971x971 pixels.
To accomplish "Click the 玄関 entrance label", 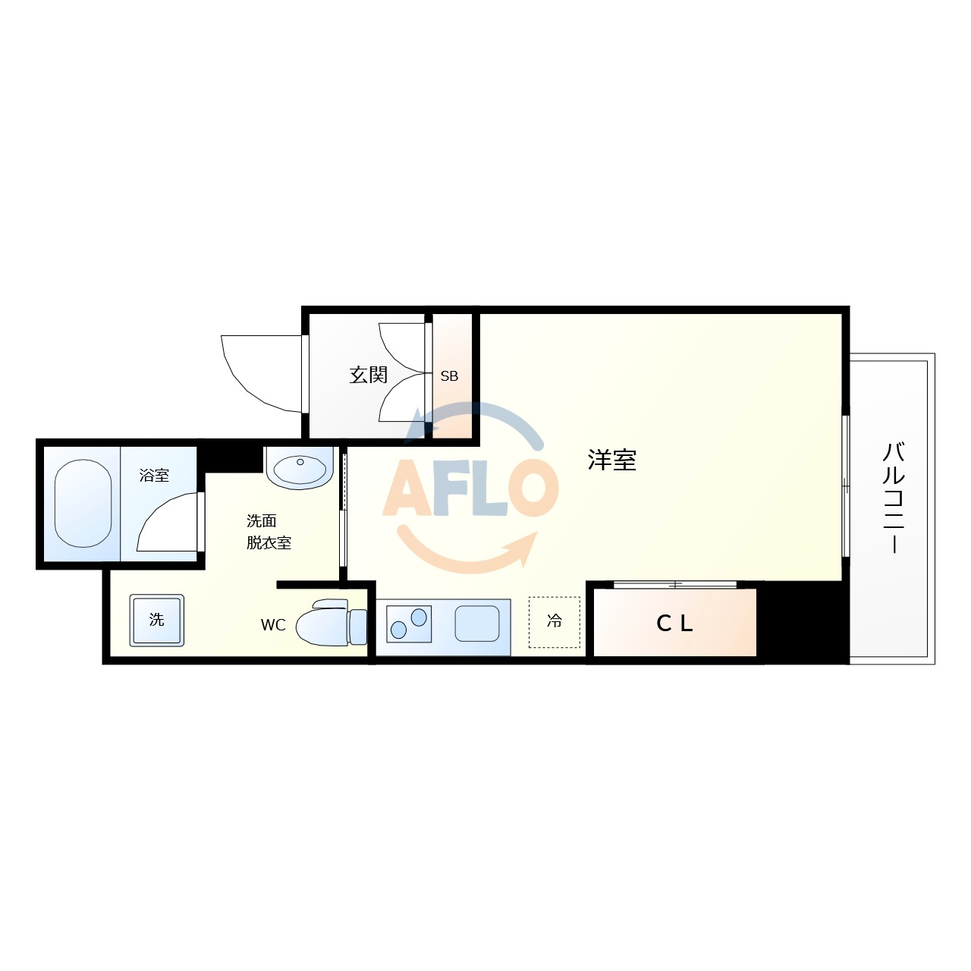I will (x=368, y=375).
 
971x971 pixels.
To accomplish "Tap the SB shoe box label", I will (x=449, y=376).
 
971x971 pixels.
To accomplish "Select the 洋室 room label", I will (x=611, y=460).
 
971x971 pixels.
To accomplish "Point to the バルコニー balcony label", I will (x=894, y=497).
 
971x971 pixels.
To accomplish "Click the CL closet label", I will (x=674, y=624).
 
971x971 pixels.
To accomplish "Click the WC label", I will (x=273, y=625).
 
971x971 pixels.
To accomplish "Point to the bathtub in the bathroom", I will (x=83, y=504).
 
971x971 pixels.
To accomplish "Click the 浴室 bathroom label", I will (x=154, y=476).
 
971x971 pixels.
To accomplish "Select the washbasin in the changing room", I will (x=300, y=468).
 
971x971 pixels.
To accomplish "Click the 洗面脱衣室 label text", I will (x=269, y=532).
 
